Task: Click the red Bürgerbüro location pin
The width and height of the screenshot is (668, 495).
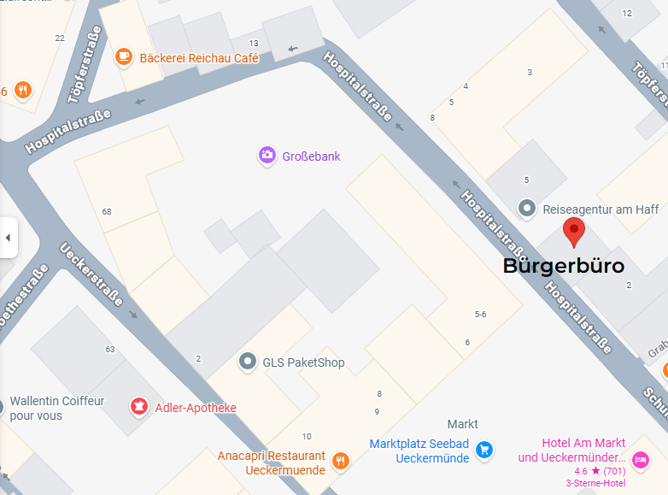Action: click(x=573, y=231)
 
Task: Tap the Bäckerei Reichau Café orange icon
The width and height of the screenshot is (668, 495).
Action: click(x=124, y=57)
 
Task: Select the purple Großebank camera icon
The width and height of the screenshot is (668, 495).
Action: click(x=267, y=156)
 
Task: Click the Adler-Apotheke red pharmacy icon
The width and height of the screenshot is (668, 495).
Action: click(x=137, y=407)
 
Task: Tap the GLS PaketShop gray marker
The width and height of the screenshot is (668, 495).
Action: click(x=248, y=362)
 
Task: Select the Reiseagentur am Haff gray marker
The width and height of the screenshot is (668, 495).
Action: click(x=528, y=208)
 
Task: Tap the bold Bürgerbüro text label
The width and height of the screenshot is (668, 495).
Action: click(x=563, y=266)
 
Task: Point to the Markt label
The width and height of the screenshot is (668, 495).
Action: click(x=463, y=424)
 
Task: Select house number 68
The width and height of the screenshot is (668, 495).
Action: click(x=107, y=211)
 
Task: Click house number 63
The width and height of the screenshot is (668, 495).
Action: click(x=110, y=349)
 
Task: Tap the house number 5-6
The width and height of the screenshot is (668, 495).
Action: click(x=480, y=315)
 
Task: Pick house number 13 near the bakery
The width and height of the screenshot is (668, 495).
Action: click(x=254, y=44)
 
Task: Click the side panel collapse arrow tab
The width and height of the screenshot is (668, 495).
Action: click(x=8, y=237)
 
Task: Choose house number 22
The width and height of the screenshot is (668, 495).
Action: click(x=60, y=38)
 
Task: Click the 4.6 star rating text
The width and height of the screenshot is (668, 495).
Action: click(x=601, y=471)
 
